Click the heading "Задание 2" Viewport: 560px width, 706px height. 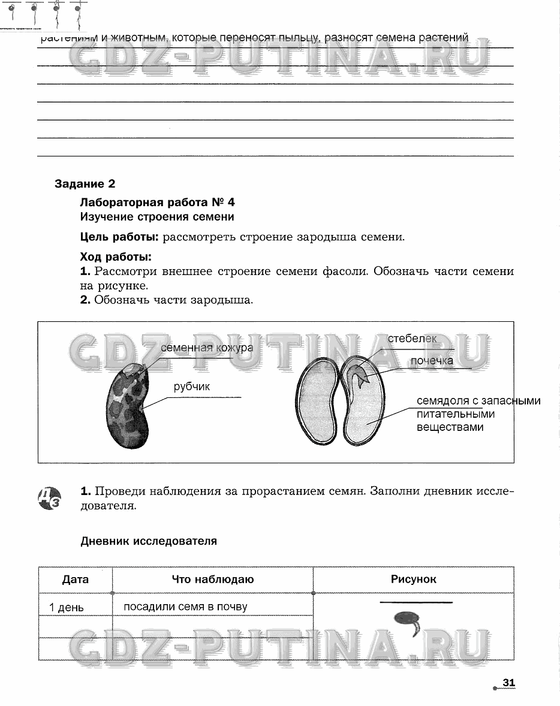tap(85, 184)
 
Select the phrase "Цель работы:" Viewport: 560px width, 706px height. tap(119, 237)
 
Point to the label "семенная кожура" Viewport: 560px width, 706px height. tap(206, 348)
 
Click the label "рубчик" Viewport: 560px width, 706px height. tap(192, 387)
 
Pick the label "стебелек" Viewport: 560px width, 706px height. tap(412, 339)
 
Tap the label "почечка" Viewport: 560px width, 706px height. tap(431, 361)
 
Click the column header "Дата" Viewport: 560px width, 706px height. tap(76, 580)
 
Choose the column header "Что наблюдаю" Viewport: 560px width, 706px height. tap(213, 580)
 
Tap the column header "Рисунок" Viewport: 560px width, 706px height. tap(414, 579)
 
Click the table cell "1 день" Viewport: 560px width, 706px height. tap(67, 608)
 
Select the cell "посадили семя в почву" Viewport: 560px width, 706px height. tap(185, 607)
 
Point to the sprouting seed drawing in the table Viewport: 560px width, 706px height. tap(407, 621)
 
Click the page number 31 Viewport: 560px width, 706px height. tap(509, 683)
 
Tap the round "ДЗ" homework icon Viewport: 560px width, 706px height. tap(49, 497)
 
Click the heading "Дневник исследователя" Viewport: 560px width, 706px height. tap(149, 541)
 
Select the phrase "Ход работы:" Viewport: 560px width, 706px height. tap(116, 258)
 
